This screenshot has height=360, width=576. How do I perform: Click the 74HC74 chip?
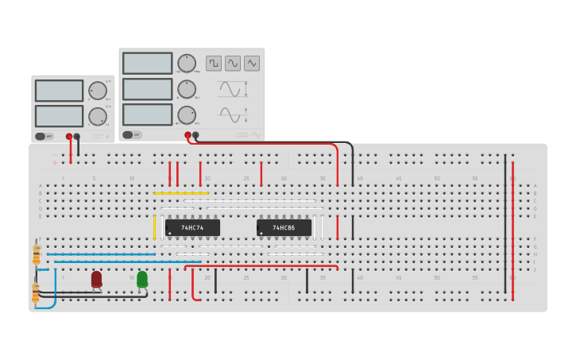[192, 227]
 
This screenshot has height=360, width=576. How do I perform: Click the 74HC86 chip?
[284, 227]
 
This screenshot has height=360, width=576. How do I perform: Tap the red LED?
[96, 279]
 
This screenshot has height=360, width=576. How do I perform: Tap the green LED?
[142, 279]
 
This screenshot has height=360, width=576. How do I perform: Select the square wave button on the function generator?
[214, 63]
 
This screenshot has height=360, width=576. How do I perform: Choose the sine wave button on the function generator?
[233, 63]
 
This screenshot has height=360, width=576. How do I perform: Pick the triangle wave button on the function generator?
[252, 63]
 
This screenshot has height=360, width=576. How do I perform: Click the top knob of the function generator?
[187, 64]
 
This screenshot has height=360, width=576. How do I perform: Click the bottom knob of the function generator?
[187, 114]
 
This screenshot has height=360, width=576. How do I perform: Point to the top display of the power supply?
[59, 91]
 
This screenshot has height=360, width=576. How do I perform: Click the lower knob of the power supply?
[98, 116]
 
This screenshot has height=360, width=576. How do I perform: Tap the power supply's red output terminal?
[69, 137]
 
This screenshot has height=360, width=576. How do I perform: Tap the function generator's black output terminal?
[195, 135]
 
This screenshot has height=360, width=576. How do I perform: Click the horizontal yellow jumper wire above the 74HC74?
[181, 193]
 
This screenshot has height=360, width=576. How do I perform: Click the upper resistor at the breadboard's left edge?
[37, 254]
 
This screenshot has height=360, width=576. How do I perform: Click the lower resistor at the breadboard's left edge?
[35, 292]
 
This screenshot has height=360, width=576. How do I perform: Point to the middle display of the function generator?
[147, 89]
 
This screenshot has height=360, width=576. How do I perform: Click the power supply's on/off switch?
[45, 137]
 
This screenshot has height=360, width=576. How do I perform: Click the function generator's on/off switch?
[133, 135]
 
